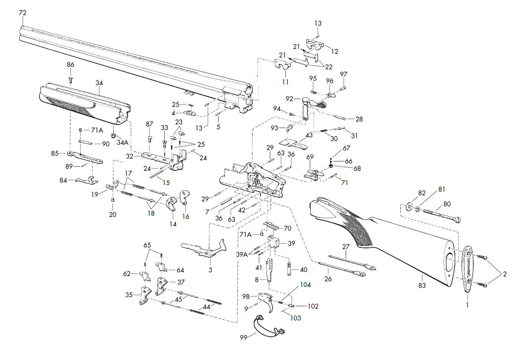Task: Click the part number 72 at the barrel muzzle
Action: [22, 13]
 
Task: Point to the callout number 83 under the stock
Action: [422, 285]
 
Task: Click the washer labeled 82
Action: [409, 207]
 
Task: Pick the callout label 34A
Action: [123, 142]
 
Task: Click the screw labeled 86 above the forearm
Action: [71, 80]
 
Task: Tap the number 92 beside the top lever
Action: [289, 99]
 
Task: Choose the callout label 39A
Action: [242, 254]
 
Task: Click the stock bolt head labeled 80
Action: [457, 220]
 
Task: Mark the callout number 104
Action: [305, 285]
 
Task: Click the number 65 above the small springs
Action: [147, 245]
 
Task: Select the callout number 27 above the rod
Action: [346, 247]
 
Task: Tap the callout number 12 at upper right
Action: [335, 51]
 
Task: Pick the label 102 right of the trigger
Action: [313, 306]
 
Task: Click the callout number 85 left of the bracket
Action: [55, 153]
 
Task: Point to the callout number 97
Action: [344, 74]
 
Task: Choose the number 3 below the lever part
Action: [210, 270]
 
